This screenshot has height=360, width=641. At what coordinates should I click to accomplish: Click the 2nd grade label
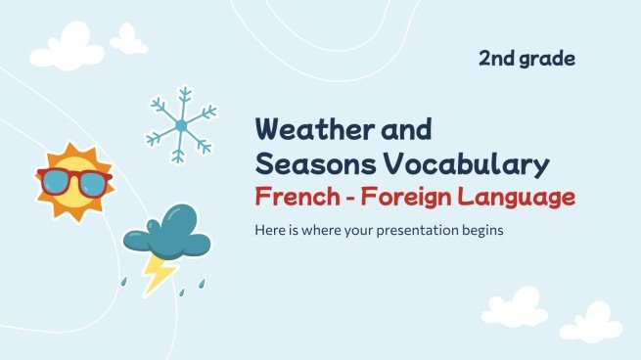pyautogui.click(x=527, y=59)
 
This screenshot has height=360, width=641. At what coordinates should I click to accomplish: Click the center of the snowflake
pyautogui.click(x=180, y=125)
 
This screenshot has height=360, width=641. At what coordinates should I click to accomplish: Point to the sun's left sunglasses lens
pyautogui.click(x=57, y=182)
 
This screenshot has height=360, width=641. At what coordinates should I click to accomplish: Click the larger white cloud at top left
pyautogui.click(x=68, y=45)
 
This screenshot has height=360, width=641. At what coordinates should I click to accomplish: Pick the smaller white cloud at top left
pyautogui.click(x=128, y=39)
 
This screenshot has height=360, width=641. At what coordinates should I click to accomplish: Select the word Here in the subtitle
pyautogui.click(x=271, y=232)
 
